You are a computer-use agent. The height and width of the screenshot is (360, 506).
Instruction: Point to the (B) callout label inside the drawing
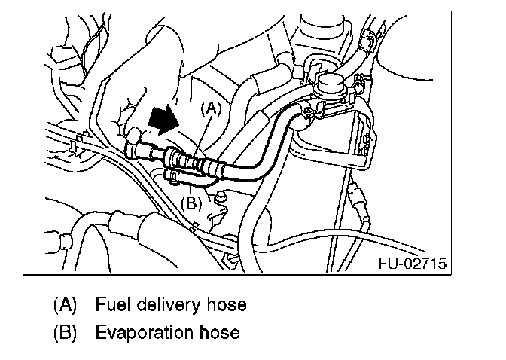click(x=191, y=202)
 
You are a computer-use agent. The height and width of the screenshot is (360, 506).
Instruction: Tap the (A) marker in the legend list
click(x=66, y=306)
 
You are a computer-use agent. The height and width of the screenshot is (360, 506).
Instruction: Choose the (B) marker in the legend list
click(x=66, y=331)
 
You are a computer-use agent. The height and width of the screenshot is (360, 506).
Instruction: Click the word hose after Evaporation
click(x=218, y=331)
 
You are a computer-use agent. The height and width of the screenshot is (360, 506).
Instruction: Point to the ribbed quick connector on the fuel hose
click(x=184, y=160)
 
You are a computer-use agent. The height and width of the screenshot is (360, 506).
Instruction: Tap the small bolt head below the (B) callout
click(x=220, y=198)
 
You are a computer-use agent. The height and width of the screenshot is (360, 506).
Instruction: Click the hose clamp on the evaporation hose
click(x=172, y=177)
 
